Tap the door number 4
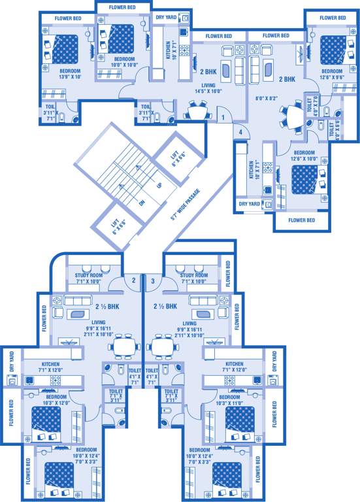(240, 133)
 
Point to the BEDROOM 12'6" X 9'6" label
(331, 74)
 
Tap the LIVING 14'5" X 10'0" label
(208, 88)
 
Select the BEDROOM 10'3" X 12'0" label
(56, 399)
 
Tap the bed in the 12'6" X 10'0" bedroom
(304, 176)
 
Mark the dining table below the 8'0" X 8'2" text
(294, 118)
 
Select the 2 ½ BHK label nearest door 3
(165, 306)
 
